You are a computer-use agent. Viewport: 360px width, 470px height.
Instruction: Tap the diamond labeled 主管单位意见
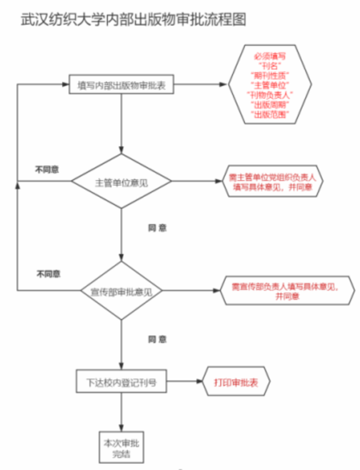[122, 182]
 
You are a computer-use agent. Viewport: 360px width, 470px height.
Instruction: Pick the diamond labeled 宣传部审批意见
[122, 291]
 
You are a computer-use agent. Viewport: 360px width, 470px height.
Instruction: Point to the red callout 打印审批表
[236, 382]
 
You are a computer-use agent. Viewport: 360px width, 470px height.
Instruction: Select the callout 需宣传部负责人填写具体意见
[287, 291]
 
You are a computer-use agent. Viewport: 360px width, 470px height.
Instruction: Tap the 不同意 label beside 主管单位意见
[47, 169]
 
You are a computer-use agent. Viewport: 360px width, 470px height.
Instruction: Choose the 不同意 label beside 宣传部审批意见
[48, 274]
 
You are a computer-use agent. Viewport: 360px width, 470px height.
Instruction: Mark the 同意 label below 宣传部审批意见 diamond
[157, 340]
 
